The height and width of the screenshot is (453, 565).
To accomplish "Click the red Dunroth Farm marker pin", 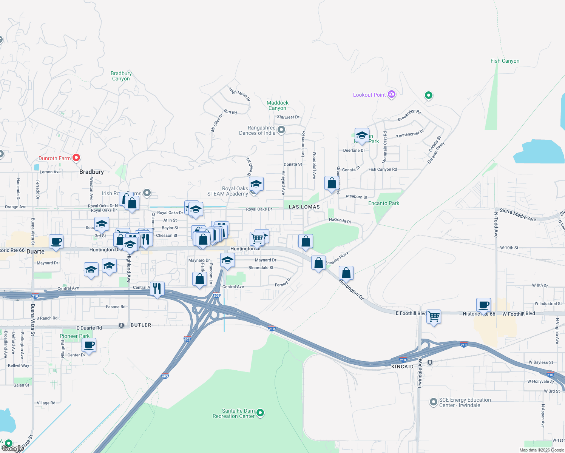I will pos(76,158).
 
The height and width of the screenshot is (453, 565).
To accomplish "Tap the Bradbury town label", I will pos(91,172).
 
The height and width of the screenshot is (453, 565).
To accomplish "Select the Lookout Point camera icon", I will pos(392,94).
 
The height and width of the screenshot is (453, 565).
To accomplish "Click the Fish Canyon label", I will pos(505,61).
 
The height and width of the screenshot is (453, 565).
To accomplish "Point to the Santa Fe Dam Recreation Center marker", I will pos(260,413).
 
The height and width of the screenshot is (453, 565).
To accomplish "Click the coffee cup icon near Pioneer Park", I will pos(89,345).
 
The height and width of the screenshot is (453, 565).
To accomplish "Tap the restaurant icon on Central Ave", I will pos(157,288).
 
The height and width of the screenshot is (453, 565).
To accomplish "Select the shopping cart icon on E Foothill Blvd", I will pos(434,317).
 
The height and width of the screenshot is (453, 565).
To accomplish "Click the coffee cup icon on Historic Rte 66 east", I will pos(483,305).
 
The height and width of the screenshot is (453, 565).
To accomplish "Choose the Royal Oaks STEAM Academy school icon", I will pos(256,184).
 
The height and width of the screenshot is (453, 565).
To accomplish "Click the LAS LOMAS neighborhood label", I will pos(304,207).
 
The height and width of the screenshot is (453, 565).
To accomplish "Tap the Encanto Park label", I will pos(383,203).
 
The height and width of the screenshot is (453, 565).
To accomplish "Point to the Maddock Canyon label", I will pos(278,105).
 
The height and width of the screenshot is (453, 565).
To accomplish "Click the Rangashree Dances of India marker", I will pos(281,130).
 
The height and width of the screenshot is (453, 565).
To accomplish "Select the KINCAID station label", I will pos(402,367).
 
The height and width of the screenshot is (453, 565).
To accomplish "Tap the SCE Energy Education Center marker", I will pos(434,402).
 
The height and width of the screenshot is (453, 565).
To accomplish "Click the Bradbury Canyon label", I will pos(121,76).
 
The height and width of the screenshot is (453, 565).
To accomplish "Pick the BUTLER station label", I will pos(140,325).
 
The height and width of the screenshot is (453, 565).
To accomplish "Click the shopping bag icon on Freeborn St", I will pos(332,183).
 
